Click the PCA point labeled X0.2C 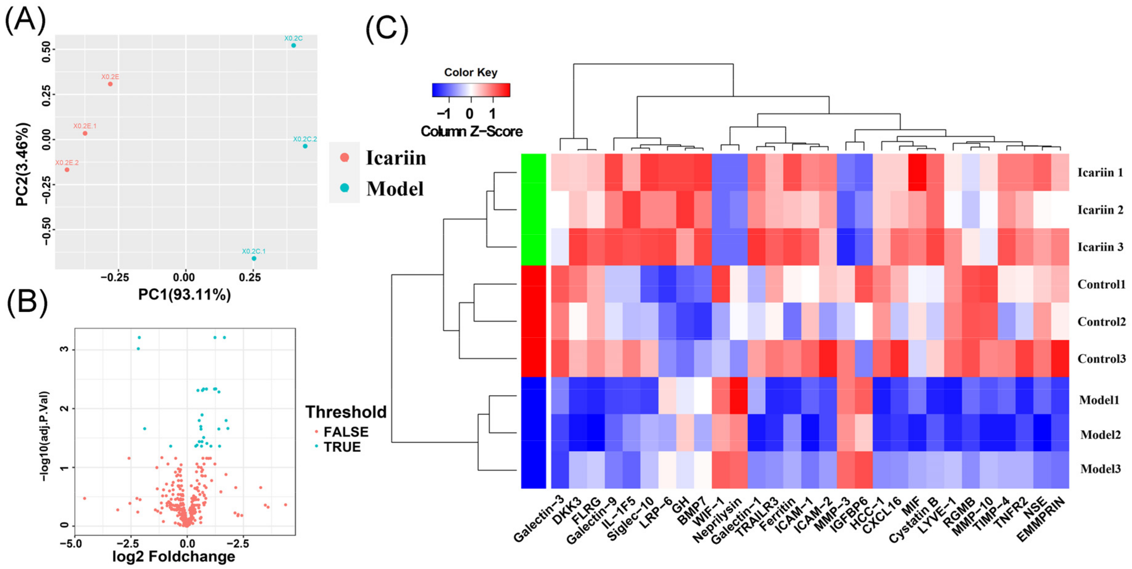293,46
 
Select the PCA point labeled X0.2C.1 254,258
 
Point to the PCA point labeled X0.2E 110,84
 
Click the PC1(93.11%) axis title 184,295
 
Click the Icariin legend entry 396,158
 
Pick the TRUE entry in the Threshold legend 342,447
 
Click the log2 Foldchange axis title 174,557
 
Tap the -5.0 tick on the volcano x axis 72,544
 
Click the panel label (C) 387,29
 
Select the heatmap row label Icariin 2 1100,210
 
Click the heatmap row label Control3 1101,359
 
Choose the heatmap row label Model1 1100,400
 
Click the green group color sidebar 533,209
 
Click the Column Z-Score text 471,131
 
